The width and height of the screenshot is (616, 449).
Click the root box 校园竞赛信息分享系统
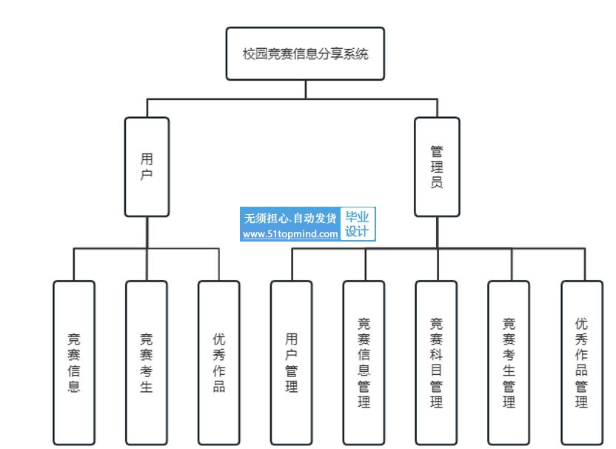[305, 53]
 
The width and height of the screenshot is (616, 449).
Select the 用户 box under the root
[147, 167]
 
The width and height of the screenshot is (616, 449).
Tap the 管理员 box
[437, 167]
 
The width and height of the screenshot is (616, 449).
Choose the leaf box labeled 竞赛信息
[74, 362]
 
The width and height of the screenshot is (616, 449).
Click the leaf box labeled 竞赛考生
[147, 362]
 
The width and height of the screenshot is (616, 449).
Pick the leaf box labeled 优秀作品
[219, 362]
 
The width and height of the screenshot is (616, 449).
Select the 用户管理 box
[292, 362]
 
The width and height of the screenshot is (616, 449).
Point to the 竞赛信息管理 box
[364, 362]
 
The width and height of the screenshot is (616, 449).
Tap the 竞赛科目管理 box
[437, 362]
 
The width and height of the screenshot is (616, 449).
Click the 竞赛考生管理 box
[509, 362]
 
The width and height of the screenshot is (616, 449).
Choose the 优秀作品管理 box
[582, 362]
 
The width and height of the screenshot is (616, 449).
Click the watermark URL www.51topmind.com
[290, 233]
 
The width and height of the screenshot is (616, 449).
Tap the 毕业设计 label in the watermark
[358, 224]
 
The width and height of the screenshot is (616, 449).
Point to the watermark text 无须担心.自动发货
[290, 218]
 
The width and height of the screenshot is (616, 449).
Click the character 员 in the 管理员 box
[437, 182]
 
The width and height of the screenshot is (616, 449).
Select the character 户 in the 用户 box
[147, 175]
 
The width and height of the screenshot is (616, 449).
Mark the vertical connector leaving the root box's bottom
[305, 89]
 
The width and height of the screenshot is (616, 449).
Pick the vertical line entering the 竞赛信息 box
[74, 265]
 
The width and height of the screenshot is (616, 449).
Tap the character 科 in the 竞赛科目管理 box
[437, 354]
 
